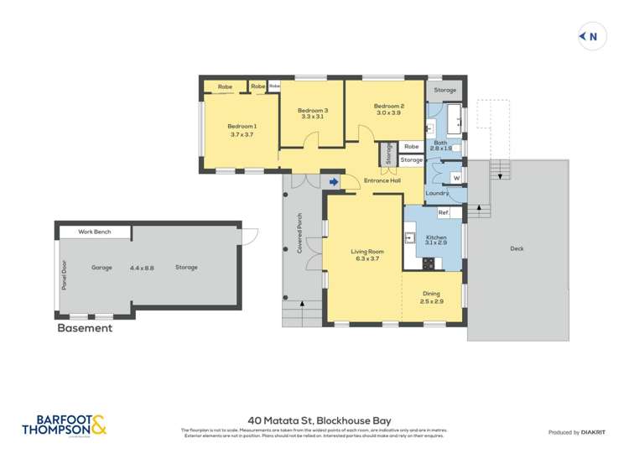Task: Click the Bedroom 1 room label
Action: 242,127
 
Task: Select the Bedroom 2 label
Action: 389,107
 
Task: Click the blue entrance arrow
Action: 334,180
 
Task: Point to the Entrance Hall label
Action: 382,180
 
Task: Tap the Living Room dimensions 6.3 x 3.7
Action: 366,259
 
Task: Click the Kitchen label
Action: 436,238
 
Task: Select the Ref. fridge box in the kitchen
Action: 444,213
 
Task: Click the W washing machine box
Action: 456,178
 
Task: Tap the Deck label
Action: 517,248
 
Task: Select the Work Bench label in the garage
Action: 95,232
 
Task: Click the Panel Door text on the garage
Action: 63,274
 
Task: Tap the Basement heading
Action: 84,328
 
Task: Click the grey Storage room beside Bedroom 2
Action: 445,90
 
